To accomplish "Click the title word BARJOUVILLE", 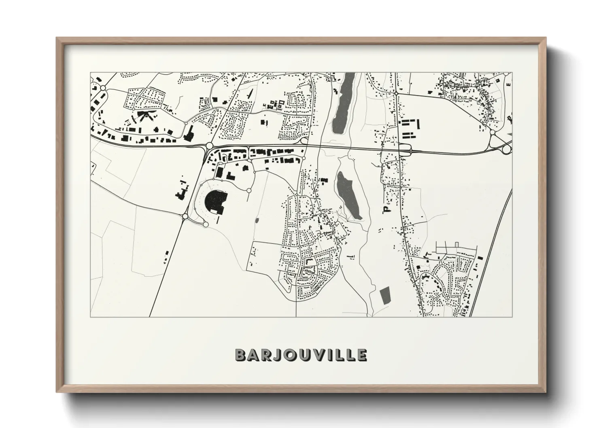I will point(301,355).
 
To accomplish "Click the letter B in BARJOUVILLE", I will point(240,355).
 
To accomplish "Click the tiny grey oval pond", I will point(257,221).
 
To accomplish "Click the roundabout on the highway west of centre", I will point(210,146).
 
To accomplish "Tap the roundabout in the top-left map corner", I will point(103,88).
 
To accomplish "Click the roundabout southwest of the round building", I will point(185,217).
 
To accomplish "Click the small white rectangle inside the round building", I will point(213,211).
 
